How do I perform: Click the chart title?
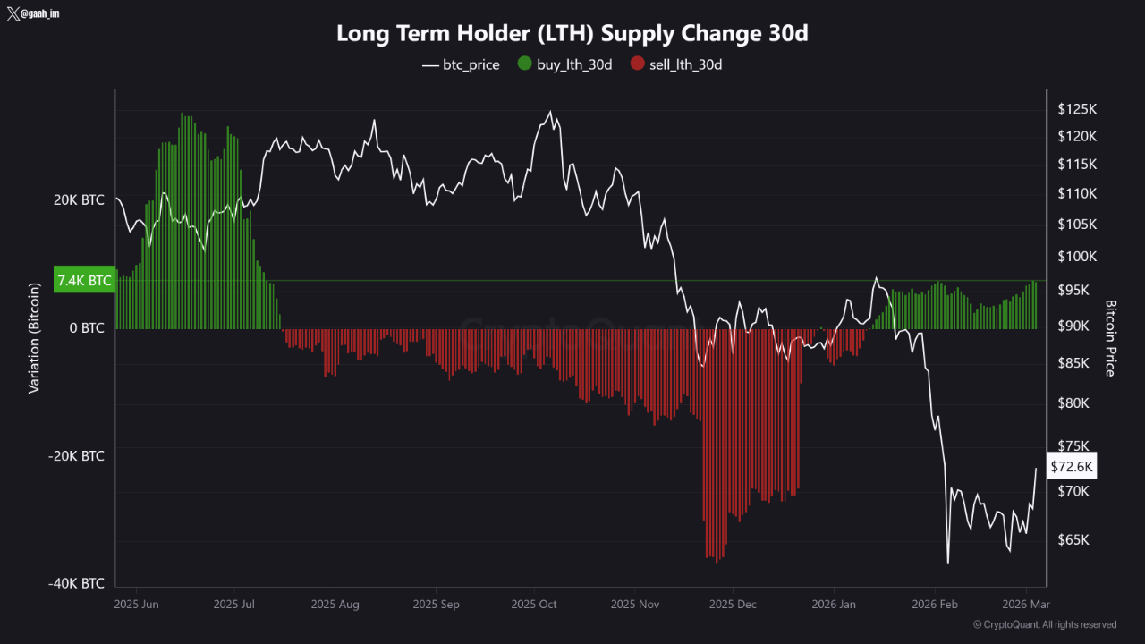click(572, 33)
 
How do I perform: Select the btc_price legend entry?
click(461, 64)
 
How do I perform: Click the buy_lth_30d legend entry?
click(564, 64)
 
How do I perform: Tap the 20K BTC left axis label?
click(79, 199)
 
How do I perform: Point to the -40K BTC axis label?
click(77, 583)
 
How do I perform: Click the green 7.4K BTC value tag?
click(85, 280)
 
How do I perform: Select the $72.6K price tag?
click(1072, 467)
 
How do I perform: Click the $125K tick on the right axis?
click(1076, 109)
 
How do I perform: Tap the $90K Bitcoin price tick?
click(1073, 326)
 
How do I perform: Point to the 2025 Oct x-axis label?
click(535, 605)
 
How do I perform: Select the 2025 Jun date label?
click(137, 605)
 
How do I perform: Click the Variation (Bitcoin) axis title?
click(35, 338)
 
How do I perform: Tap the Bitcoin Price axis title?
click(1110, 338)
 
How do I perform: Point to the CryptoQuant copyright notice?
click(1045, 624)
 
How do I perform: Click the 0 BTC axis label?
click(87, 327)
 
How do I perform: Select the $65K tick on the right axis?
click(1073, 540)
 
